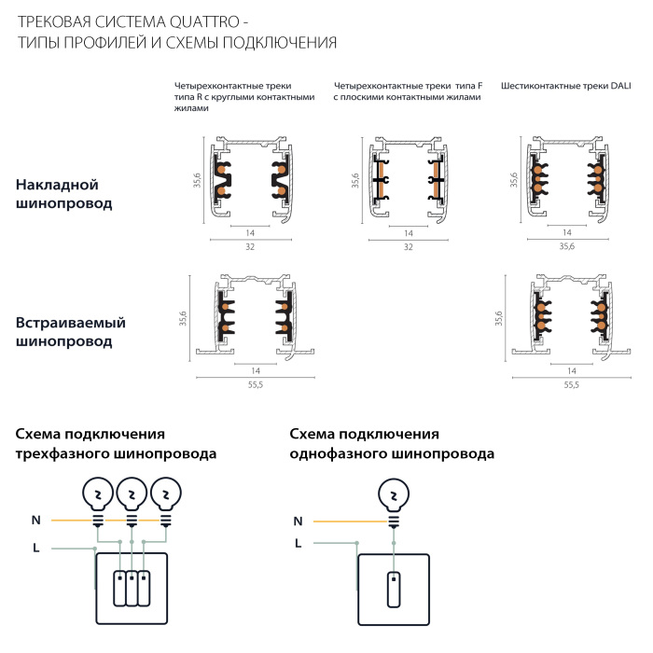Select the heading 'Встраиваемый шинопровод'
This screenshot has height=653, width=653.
[x=70, y=331]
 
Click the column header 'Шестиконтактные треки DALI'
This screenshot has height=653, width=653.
[x=565, y=86]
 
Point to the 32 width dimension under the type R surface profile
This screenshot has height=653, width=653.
[x=250, y=246]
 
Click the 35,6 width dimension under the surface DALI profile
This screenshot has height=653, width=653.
[x=566, y=246]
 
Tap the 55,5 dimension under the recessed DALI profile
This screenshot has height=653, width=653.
[x=569, y=383]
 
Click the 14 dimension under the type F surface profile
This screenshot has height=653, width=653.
[x=408, y=232]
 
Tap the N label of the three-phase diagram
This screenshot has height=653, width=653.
[x=35, y=520]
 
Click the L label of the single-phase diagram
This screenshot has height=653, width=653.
[x=298, y=542]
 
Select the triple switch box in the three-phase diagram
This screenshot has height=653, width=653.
[x=132, y=588]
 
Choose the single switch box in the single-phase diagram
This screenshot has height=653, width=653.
[x=393, y=588]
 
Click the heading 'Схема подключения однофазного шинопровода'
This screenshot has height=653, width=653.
[x=392, y=444]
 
